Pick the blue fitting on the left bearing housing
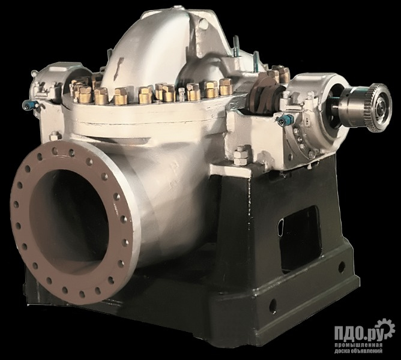30,104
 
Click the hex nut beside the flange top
55,136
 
